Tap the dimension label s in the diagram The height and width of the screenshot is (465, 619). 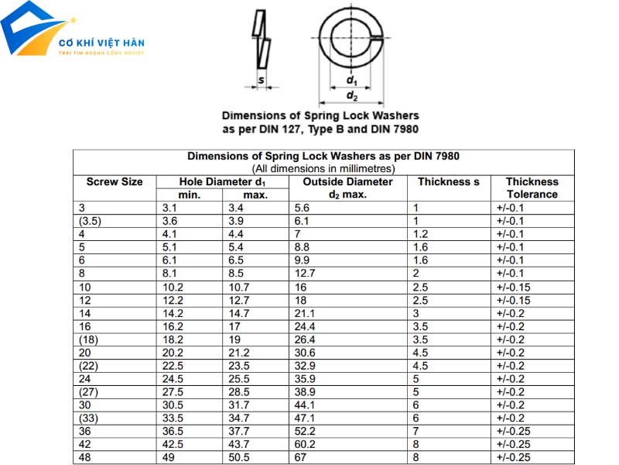[x=262, y=80]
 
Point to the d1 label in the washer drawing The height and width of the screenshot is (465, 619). [x=351, y=80]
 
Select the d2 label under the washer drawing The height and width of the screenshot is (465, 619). [x=352, y=95]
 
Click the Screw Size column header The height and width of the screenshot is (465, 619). [x=115, y=182]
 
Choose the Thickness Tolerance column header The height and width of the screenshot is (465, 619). [x=532, y=188]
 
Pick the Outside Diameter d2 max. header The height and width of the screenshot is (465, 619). [x=347, y=188]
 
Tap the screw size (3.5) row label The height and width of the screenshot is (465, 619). [x=91, y=221]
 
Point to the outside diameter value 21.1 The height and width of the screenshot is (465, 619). [x=305, y=313]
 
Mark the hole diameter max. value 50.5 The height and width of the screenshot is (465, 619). [x=240, y=458]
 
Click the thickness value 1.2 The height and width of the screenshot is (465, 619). [x=420, y=234]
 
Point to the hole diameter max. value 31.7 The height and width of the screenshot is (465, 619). [x=240, y=405]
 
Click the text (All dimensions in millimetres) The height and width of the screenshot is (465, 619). [x=323, y=168]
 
